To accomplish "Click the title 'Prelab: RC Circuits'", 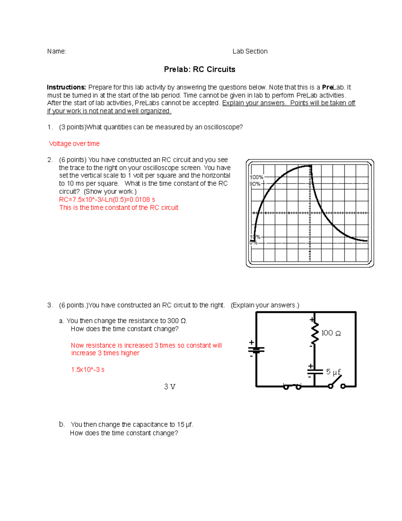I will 199,69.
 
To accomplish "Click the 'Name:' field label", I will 57,51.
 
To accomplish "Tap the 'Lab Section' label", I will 250,51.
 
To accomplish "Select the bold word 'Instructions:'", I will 66,87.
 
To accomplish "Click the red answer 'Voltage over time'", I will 74,144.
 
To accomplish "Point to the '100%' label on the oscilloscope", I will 257,177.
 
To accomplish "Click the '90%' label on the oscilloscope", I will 255,184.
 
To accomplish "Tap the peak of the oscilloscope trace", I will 309,166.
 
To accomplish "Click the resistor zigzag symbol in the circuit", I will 315,333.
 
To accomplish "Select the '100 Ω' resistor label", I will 331,333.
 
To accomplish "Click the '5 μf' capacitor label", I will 333,372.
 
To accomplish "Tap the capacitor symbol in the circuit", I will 315,371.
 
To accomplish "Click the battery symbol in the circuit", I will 256,350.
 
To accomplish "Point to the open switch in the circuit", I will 336,382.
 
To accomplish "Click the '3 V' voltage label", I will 170,387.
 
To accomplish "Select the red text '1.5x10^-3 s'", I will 88,370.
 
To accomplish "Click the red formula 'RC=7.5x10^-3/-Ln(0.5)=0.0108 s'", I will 107,200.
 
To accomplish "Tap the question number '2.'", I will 50,160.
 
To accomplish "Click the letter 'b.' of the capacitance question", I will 62,424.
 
